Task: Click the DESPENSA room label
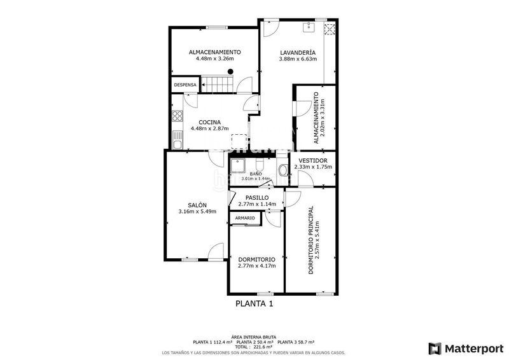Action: pos(185,85)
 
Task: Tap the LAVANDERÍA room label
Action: pos(298,53)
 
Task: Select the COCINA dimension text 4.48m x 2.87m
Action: pos(210,128)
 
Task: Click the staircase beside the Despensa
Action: pos(217,85)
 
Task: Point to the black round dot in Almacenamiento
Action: pos(230,71)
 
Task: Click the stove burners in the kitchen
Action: pos(178,116)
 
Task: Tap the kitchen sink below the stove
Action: pos(178,140)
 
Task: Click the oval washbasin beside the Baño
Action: pos(283,170)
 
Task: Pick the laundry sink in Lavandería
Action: pos(308,27)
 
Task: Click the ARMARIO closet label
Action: pos(245,218)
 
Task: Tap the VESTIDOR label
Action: pos(313,161)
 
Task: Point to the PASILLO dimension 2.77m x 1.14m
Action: pos(257,204)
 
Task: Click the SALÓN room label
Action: pos(197,205)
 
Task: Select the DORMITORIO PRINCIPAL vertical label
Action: pos(311,240)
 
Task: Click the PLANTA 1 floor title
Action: pos(254,304)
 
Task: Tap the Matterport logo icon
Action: pos(435,349)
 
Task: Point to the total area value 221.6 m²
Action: pos(263,347)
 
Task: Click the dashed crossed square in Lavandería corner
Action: pos(330,29)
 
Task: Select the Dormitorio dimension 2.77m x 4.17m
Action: pos(257,266)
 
